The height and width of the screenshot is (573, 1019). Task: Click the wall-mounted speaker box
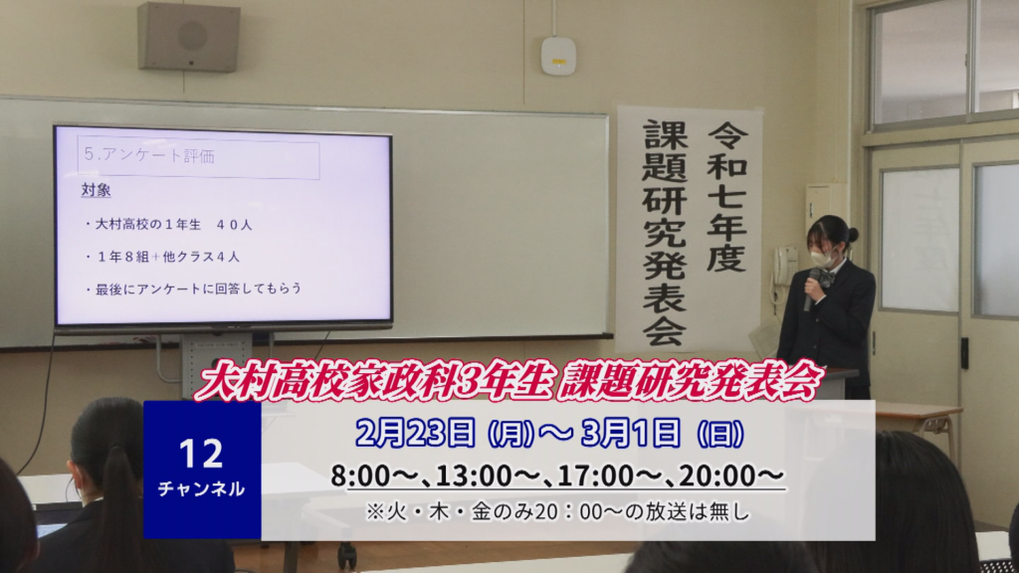click(188, 37)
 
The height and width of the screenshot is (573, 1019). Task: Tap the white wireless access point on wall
click(558, 56)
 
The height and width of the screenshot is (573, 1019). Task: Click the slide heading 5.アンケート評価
click(149, 155)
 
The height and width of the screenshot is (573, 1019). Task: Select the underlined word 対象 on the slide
click(96, 190)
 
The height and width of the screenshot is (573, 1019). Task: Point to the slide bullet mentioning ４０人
click(167, 225)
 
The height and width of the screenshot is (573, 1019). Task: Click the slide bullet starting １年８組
click(162, 257)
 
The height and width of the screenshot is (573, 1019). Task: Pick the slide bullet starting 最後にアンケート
click(193, 288)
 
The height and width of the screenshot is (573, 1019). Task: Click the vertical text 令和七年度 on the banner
click(726, 197)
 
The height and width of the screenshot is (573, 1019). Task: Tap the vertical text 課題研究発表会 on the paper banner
click(665, 233)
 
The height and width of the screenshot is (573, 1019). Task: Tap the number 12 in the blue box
click(201, 454)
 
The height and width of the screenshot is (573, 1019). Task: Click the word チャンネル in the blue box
click(201, 488)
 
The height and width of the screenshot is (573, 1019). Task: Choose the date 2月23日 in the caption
click(415, 433)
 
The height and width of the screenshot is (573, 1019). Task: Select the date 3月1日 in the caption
click(630, 433)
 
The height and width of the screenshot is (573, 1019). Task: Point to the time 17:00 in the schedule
click(597, 477)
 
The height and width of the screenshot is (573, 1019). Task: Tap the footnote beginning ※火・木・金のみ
click(557, 512)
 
